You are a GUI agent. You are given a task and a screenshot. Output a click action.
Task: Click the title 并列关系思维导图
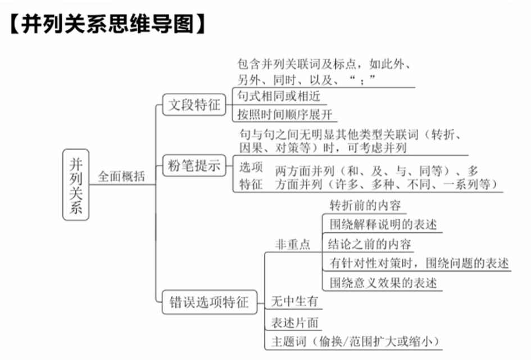pos(107,24)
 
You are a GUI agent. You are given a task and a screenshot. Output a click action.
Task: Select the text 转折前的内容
pos(365,204)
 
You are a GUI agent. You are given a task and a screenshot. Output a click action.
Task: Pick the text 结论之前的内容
pos(370,244)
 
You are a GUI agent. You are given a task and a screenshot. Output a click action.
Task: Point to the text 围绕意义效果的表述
pos(383,283)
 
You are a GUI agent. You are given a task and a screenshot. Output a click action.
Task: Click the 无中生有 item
pos(294,301)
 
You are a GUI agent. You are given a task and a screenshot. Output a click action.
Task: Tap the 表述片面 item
pos(294,322)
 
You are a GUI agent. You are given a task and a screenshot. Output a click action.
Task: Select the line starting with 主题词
pos(355,341)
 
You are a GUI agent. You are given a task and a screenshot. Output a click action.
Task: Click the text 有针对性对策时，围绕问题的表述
pos(419,263)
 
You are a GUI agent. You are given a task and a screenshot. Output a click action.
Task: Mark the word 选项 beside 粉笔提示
pos(251,167)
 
